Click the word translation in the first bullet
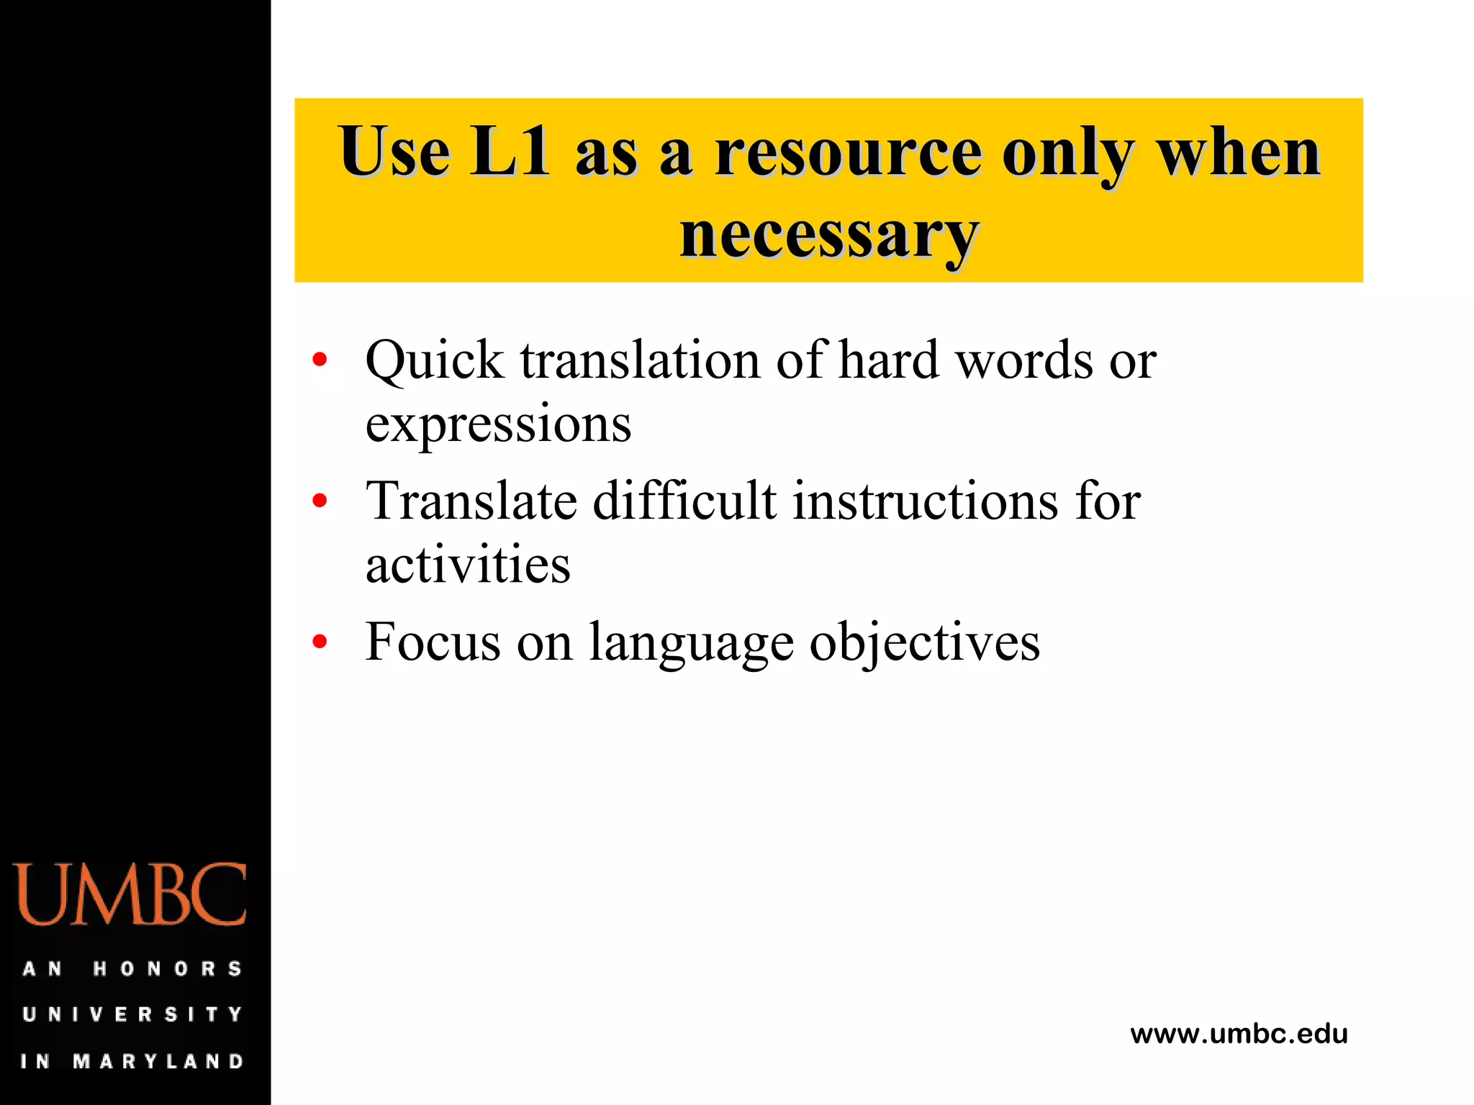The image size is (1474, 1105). point(640,360)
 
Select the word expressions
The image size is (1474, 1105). point(498,424)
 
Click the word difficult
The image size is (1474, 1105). point(684,501)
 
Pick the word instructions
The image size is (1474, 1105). point(926,501)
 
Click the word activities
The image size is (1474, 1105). point(468,564)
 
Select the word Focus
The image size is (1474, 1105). point(433,642)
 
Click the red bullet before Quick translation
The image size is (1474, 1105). point(320,359)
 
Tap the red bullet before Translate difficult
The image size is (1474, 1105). point(320,500)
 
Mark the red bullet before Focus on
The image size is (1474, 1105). point(320,641)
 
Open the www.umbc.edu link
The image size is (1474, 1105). point(1239,1034)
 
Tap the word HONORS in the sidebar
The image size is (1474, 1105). point(168,969)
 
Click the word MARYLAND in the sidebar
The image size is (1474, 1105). point(158,1061)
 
